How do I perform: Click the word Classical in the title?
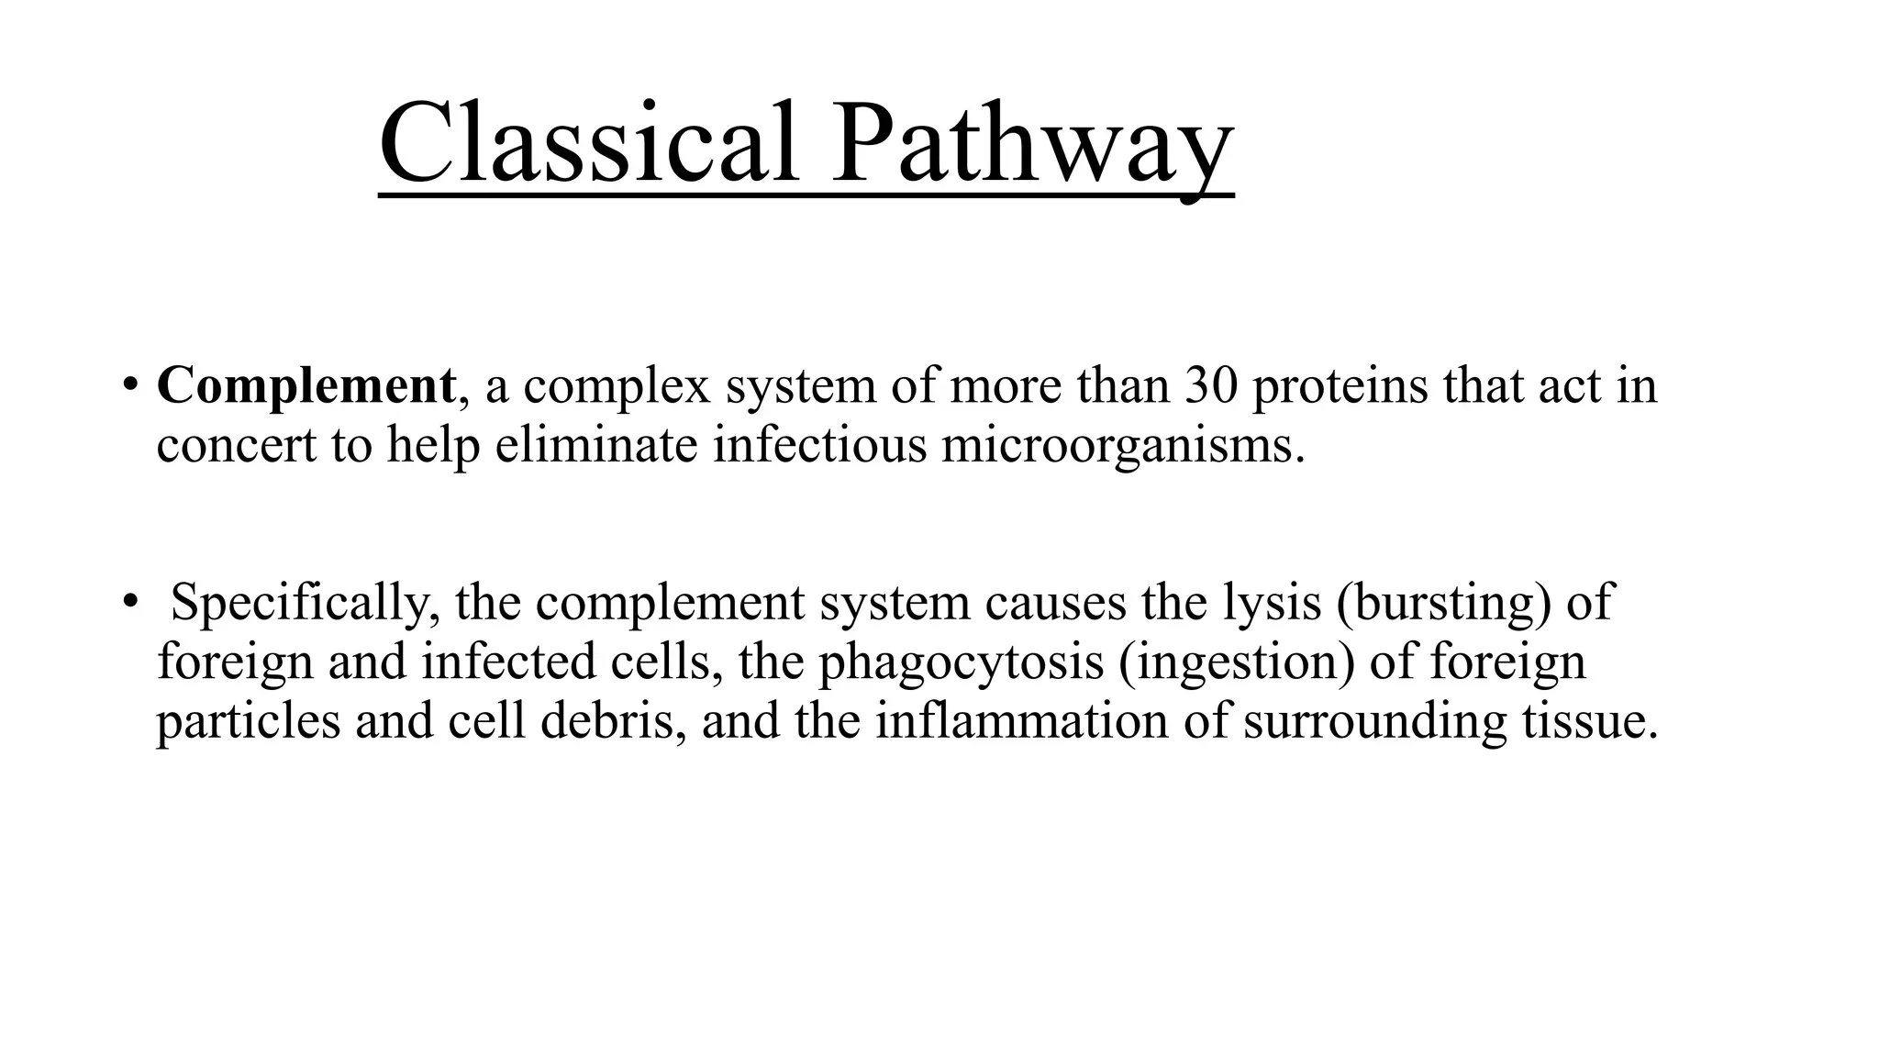(x=588, y=145)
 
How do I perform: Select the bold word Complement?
(x=306, y=385)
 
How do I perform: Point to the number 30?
(x=1211, y=385)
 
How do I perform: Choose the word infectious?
(x=820, y=445)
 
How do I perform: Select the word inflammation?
(x=1021, y=721)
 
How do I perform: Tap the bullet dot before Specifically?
(x=130, y=601)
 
